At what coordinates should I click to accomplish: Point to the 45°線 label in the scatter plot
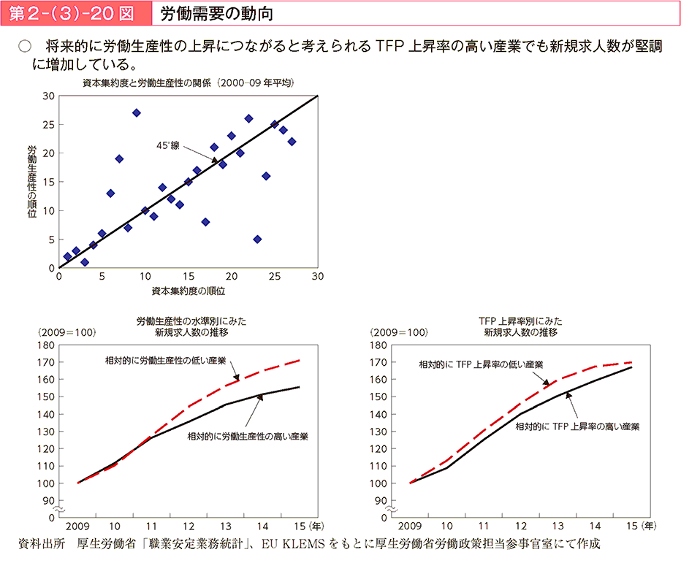click(x=167, y=145)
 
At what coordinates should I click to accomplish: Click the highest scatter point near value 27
click(x=137, y=112)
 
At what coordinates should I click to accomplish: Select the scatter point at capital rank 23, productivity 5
click(x=257, y=239)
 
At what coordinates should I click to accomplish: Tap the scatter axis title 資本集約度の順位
click(x=188, y=291)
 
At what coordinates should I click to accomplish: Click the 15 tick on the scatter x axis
click(x=188, y=277)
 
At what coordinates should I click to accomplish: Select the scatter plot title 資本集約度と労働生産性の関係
click(x=188, y=83)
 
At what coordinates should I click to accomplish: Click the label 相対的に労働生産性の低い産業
click(x=165, y=361)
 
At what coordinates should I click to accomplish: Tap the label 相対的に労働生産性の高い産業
click(x=248, y=437)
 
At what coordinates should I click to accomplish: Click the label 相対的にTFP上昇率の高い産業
click(x=577, y=426)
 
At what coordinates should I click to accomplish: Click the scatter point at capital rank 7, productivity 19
click(x=119, y=158)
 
